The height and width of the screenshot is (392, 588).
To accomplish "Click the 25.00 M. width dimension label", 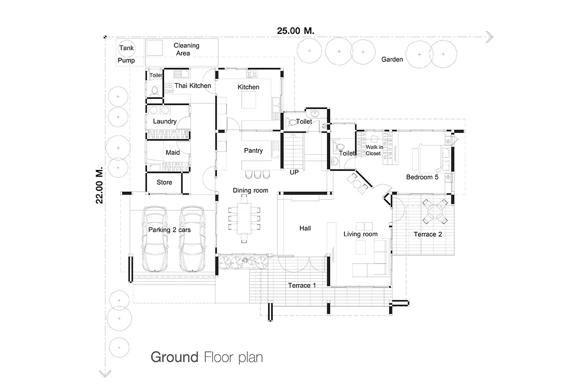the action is coord(295,31).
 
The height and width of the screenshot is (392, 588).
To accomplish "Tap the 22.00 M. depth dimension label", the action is coord(99,185).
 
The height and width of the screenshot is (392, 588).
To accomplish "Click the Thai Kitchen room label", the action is coord(193,86).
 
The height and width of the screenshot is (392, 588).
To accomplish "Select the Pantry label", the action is coord(253,150).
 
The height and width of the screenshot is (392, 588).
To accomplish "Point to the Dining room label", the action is coord(250,190).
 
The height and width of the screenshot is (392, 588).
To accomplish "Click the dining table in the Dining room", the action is coord(244,219).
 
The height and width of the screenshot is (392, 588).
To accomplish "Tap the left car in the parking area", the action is coord(155,239).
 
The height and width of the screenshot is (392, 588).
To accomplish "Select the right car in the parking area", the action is coord(192,239).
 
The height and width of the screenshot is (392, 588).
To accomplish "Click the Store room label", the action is coord(164,182).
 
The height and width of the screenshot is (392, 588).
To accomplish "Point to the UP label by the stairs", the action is coord(294,172).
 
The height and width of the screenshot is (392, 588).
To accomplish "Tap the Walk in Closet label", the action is coord(374,150).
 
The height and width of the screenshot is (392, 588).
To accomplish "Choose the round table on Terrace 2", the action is coord(435,211).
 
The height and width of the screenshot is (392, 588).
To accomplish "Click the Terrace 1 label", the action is coord(302,285).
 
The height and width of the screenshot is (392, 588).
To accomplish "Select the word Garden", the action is coord(392,59).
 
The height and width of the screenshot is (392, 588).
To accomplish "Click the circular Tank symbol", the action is coord(126,49).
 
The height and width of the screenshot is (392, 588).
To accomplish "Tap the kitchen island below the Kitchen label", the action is coord(248,100).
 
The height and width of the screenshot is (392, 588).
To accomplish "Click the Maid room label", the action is coord(172,152).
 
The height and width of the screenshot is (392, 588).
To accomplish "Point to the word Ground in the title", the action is coord(174,357).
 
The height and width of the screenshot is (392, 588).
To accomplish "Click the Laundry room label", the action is coord(165,122).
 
